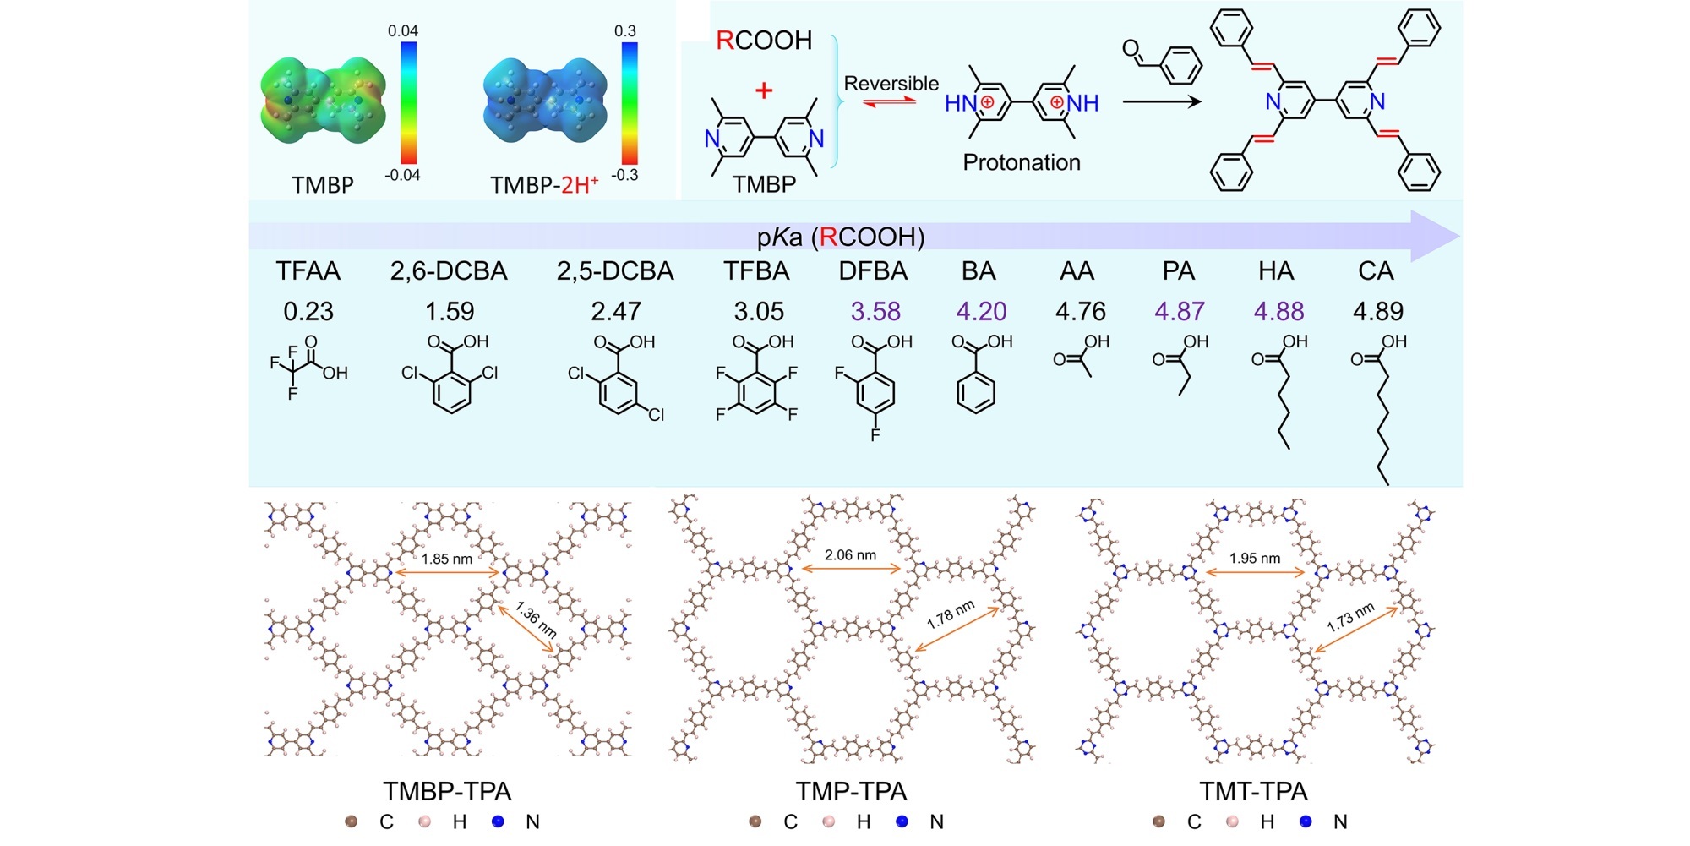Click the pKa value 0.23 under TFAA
point(308,312)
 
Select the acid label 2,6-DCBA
point(449,271)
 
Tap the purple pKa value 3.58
point(875,312)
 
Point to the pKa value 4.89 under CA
point(1377,312)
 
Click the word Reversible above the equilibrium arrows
point(891,84)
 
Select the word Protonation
point(1022,162)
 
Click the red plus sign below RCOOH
point(764,90)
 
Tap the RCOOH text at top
point(764,41)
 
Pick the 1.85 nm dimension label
point(447,559)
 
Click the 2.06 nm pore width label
point(850,555)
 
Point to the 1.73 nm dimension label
point(1350,618)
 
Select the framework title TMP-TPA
point(851,792)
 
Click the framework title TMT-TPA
point(1253,792)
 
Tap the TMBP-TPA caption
point(447,792)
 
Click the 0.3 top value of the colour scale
point(624,31)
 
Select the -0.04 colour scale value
point(402,176)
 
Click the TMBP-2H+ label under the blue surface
point(544,185)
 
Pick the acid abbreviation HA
point(1276,271)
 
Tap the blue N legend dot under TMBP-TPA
point(498,821)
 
